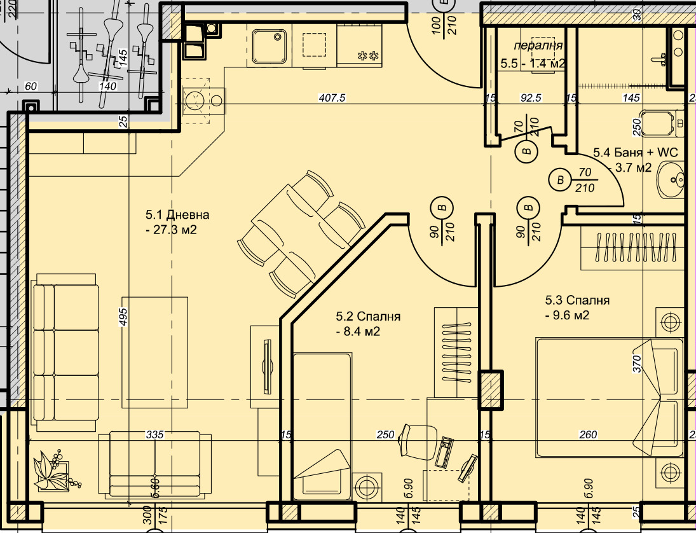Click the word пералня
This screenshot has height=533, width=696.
coord(538,46)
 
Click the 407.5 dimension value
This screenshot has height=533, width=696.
coord(331,98)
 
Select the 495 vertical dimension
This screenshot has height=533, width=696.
coord(124,317)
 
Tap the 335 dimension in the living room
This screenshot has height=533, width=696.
coord(155,435)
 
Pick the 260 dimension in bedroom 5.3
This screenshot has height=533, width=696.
coord(589,435)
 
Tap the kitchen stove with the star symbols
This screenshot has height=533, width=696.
coord(360,47)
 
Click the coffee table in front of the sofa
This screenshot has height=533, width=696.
coord(155,352)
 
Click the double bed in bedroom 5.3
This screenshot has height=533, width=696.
coord(609,398)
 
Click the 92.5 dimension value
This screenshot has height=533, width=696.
coord(529,98)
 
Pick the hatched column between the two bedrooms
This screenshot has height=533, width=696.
coord(490,389)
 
